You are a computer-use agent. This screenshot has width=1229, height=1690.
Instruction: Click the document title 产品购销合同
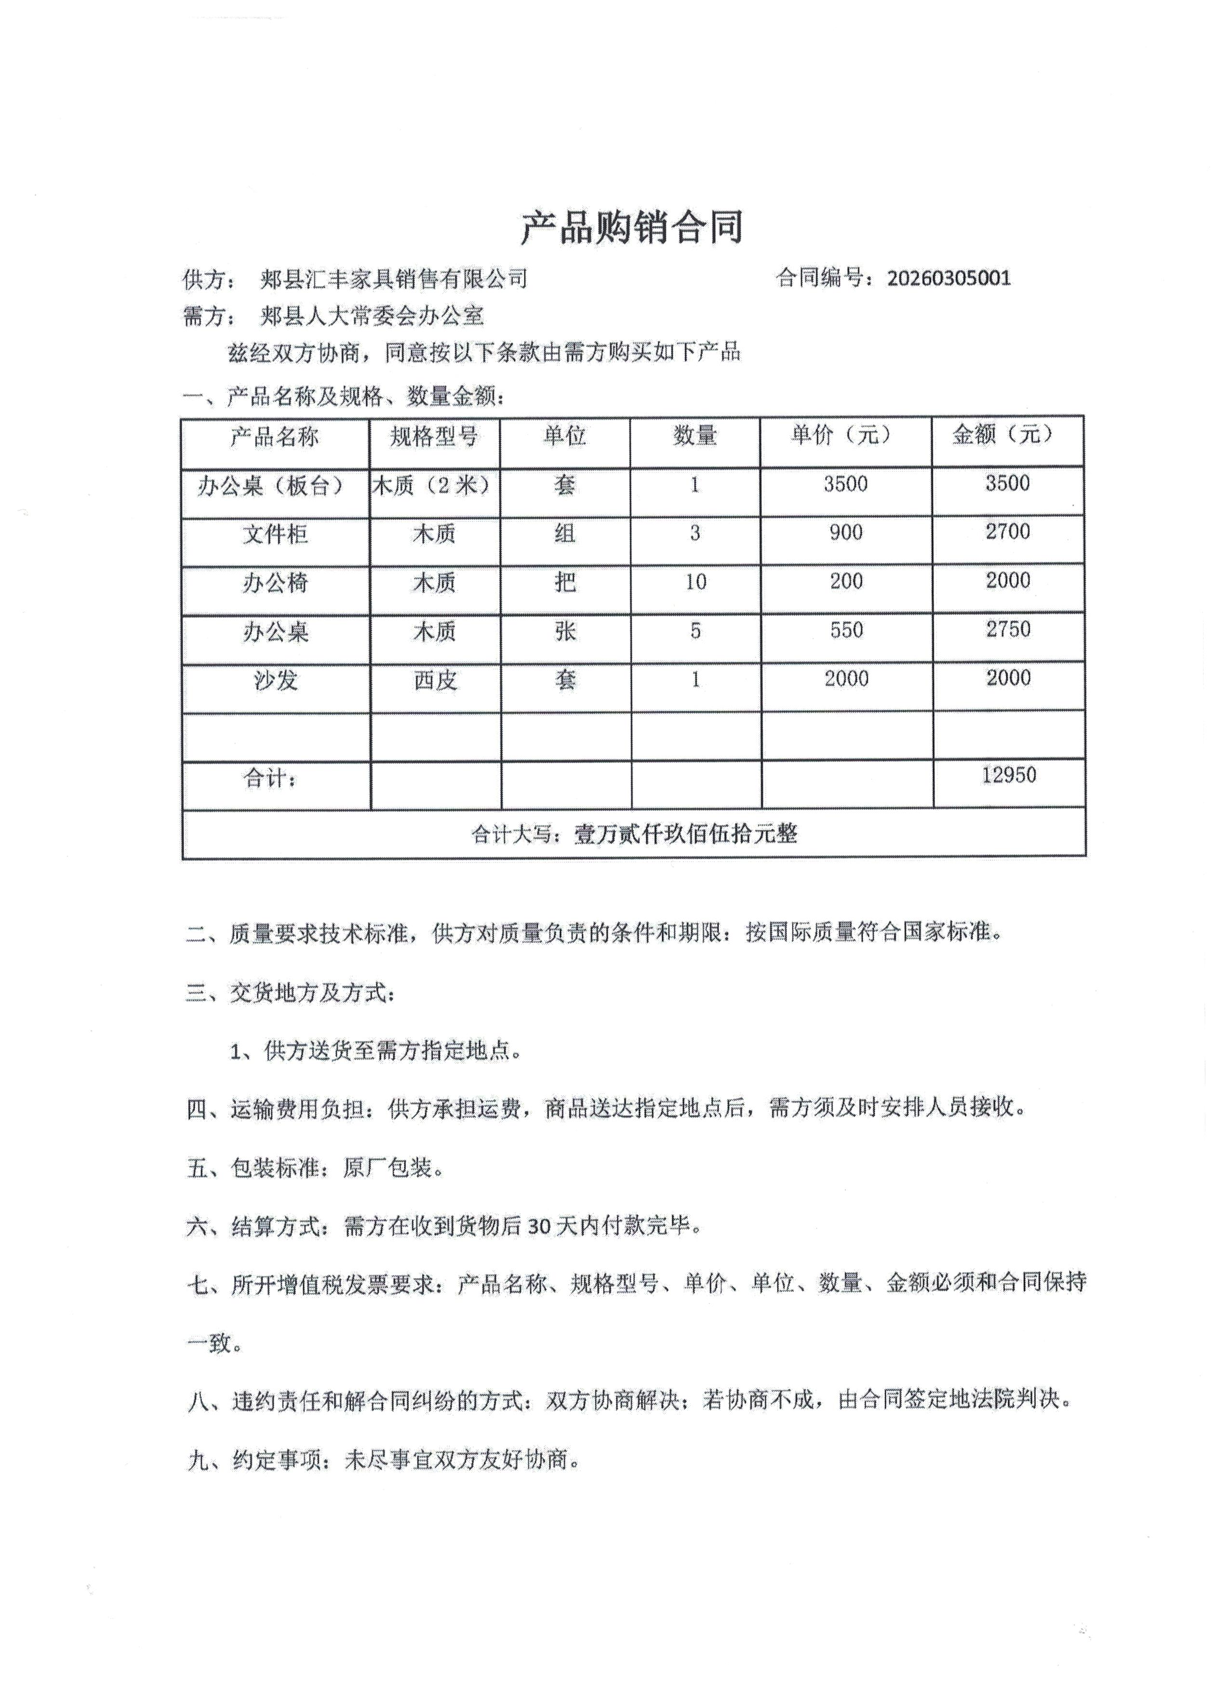(631, 227)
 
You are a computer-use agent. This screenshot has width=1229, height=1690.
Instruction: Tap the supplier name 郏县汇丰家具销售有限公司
(393, 279)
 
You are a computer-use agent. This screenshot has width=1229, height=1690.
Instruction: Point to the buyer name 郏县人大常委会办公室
(372, 316)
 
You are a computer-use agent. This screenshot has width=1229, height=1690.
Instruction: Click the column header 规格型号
(434, 436)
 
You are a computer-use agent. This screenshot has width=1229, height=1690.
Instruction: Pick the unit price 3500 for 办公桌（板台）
(845, 484)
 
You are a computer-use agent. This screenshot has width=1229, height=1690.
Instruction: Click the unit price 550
(846, 630)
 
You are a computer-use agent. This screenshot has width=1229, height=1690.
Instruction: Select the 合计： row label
(270, 779)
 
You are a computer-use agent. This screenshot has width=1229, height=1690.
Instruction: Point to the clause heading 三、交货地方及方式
(291, 993)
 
